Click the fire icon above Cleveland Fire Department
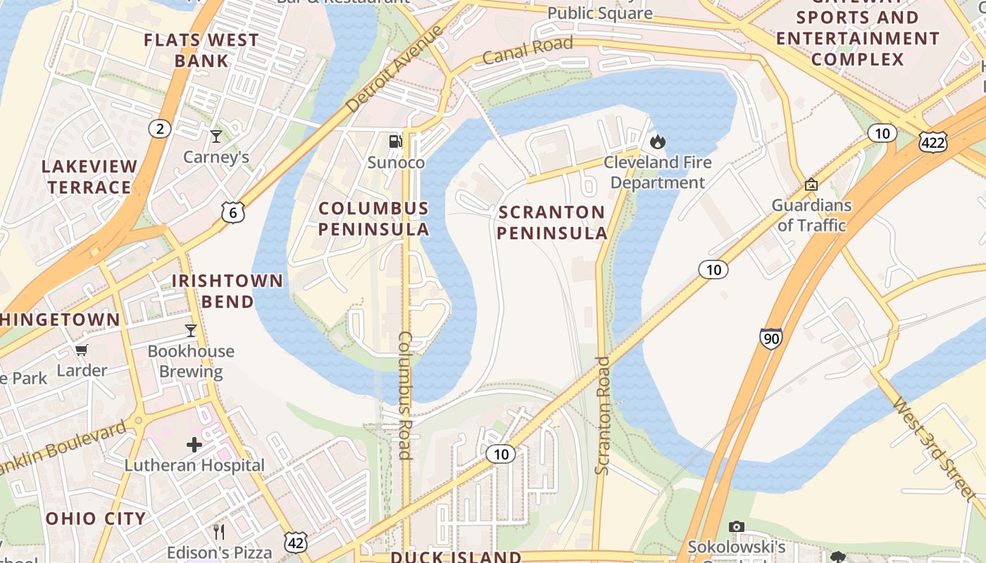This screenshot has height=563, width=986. coord(658,142)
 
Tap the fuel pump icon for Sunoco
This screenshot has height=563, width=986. coord(396,141)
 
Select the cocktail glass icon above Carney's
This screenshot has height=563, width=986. coord(216,136)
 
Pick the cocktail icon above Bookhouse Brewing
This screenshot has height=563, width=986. coord(190,330)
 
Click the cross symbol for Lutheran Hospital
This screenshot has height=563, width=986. coord(194,444)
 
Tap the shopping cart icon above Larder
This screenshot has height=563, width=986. coord(82,350)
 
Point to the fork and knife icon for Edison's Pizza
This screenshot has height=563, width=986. coord(219,531)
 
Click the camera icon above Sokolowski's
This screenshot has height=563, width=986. coord(736,526)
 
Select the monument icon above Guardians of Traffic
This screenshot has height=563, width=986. coord(811,184)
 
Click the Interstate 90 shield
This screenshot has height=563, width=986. coord(770,339)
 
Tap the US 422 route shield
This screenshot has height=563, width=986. coord(932,142)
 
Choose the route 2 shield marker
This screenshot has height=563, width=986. coord(160,129)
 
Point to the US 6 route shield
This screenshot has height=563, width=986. coord(232,212)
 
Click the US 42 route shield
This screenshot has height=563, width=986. coord(296,540)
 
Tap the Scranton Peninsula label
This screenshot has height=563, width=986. coord(551,222)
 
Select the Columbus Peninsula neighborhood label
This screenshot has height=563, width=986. coord(373,218)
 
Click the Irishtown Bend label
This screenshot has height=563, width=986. coord(227,291)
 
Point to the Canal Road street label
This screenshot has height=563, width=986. coord(528,51)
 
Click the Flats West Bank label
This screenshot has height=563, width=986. coord(201,50)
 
